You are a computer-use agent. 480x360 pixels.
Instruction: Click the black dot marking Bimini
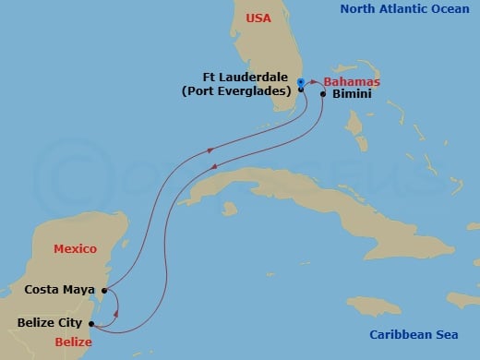click(323, 94)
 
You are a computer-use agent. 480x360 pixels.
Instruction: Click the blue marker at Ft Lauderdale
click(301, 83)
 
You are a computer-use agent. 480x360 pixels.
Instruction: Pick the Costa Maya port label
click(60, 289)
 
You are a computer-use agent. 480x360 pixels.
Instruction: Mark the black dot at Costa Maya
click(103, 290)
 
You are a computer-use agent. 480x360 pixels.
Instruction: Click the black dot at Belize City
click(90, 323)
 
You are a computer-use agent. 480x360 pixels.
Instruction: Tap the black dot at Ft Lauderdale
click(301, 90)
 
